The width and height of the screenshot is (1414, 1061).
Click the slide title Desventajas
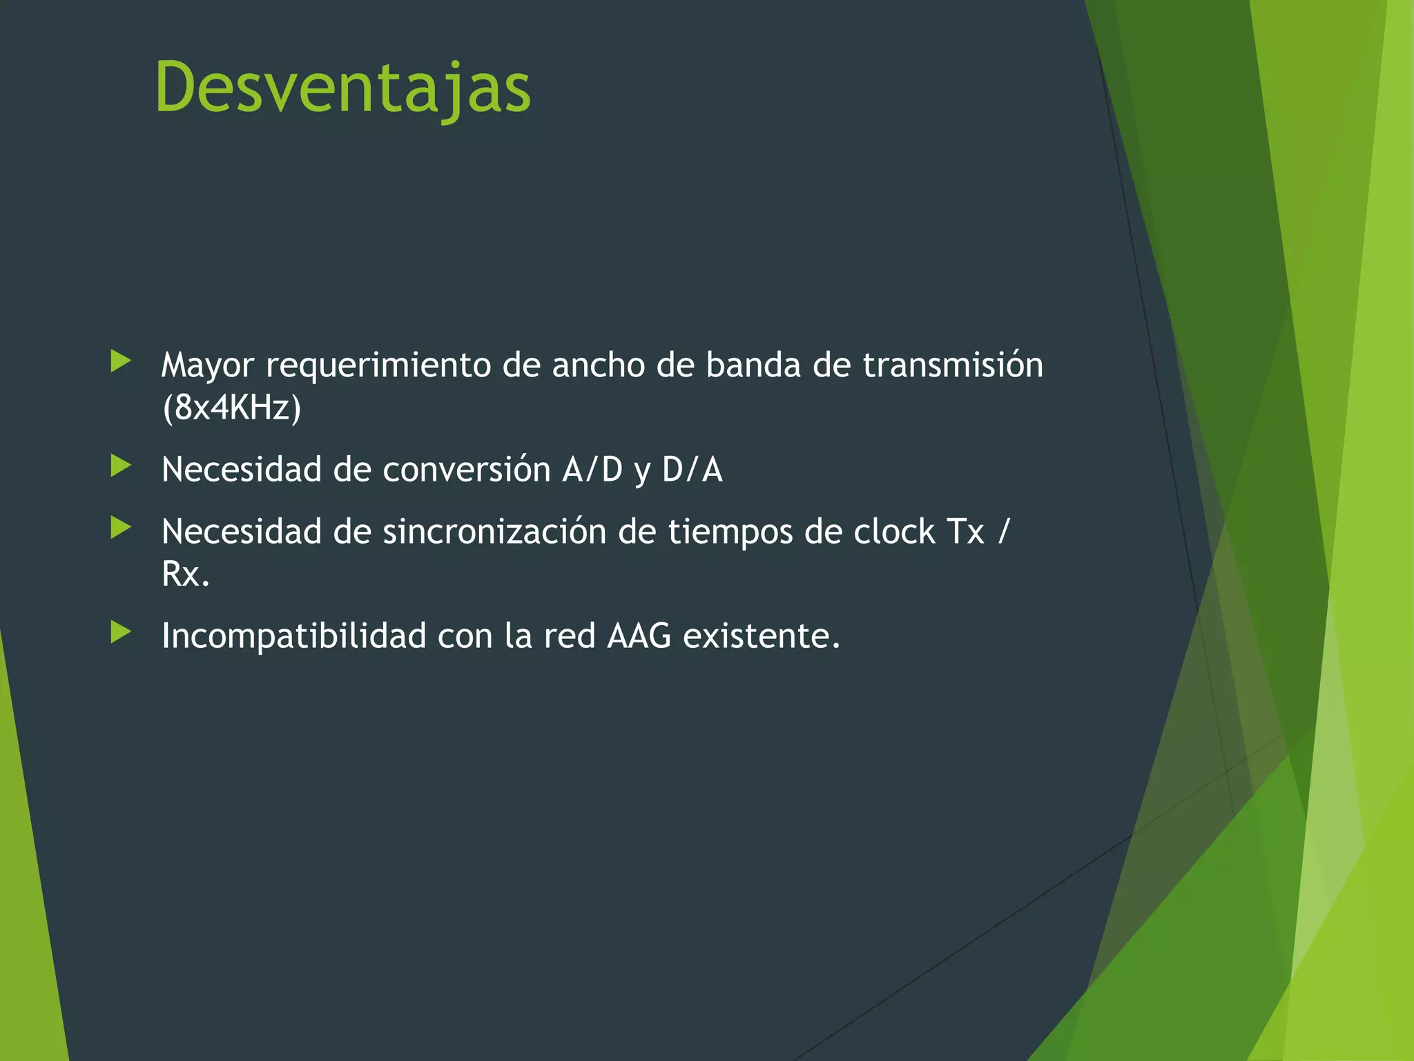(343, 88)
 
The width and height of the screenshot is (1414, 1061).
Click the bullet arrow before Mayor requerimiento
(121, 361)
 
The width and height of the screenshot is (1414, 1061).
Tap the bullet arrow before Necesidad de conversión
(121, 466)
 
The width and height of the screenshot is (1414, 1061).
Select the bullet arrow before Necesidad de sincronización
(121, 528)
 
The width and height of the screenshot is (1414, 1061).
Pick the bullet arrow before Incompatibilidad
(121, 632)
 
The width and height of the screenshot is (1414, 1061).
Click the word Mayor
(207, 365)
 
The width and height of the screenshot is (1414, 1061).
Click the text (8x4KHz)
(232, 407)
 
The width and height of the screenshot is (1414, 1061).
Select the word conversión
(466, 470)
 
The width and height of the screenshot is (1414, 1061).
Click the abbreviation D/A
(692, 470)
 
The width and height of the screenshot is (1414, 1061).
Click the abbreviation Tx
(966, 532)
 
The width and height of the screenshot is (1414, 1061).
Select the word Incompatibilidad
(293, 636)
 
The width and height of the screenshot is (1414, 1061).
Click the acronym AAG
(639, 636)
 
